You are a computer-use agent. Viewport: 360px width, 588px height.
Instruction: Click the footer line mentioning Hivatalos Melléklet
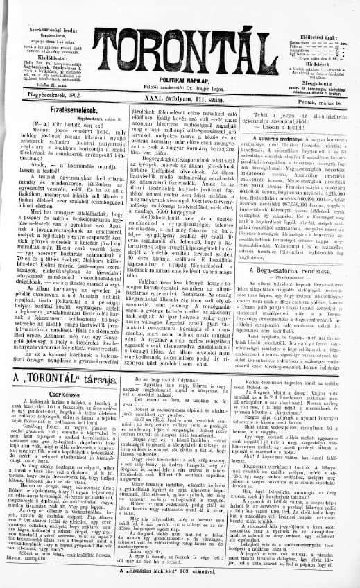click(x=180, y=580)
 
